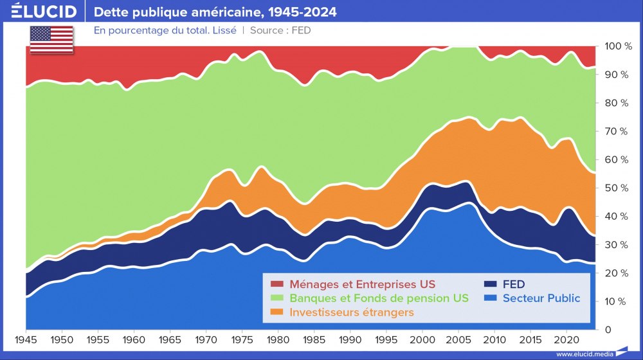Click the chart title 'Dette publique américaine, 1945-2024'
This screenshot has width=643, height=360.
215,12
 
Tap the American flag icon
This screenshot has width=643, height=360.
51,40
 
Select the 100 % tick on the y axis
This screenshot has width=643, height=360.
618,46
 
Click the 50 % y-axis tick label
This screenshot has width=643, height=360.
618,188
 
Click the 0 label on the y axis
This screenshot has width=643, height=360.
609,329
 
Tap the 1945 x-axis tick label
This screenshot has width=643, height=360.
26,339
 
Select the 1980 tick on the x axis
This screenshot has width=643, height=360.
278,339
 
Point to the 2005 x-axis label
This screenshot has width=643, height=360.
458,339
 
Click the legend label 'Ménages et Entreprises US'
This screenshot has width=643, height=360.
362,284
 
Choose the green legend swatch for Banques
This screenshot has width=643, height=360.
276,298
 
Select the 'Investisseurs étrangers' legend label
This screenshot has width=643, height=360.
352,312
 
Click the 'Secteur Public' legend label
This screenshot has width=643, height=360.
541,298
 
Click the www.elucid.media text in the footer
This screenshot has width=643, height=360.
584,354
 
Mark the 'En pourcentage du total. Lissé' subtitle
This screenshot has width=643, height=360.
165,30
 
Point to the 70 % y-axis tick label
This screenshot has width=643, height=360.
618,131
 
